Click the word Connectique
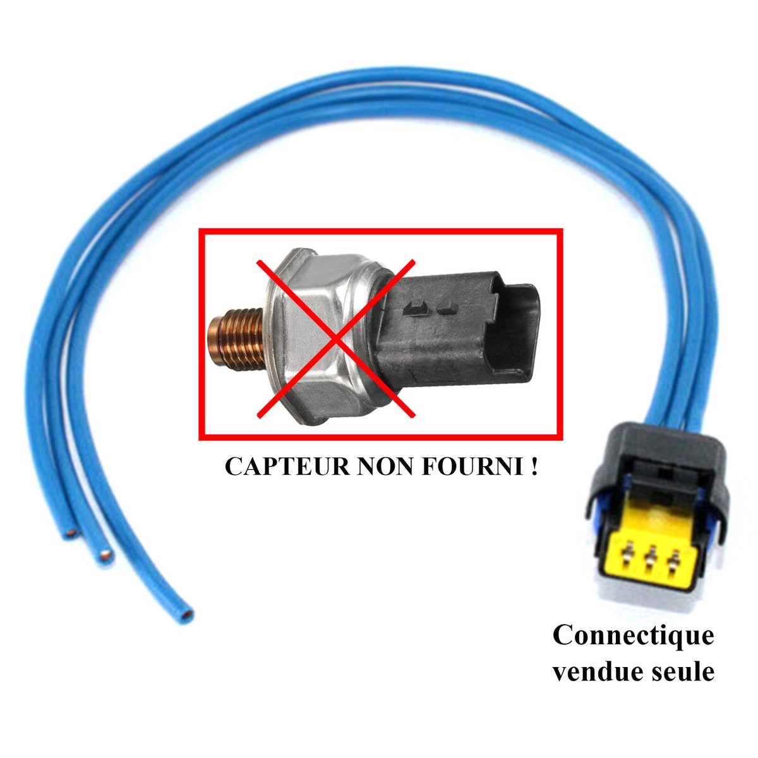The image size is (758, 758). (x=633, y=635)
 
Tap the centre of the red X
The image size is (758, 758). (x=336, y=339)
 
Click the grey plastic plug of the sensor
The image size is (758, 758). (x=436, y=328)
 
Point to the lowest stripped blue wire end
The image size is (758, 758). (x=188, y=611)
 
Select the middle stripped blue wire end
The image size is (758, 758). (x=105, y=556)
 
